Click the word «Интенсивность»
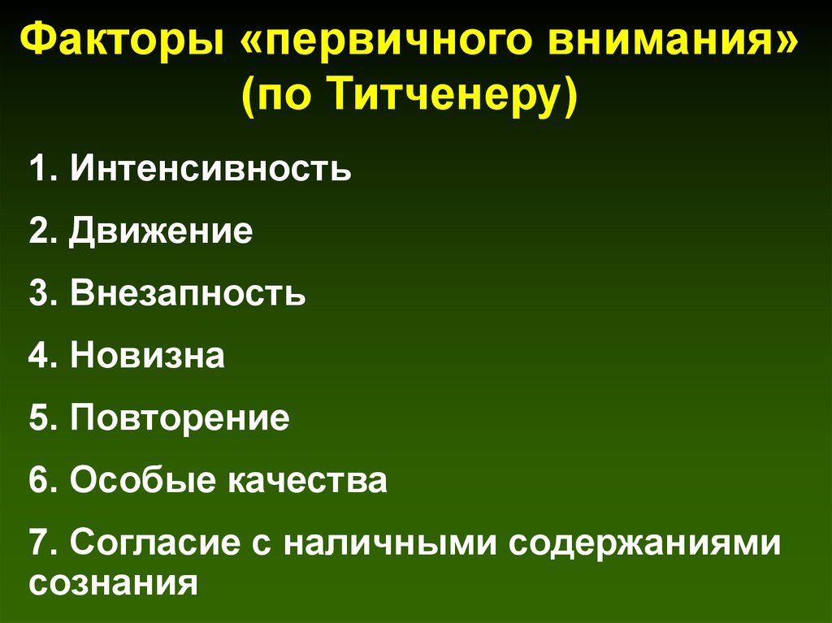[x=210, y=170]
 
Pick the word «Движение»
[x=161, y=231]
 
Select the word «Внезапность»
[x=188, y=293]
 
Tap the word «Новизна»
[x=147, y=356]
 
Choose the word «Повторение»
[x=180, y=418]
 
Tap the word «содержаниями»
[x=646, y=543]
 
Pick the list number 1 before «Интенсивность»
[x=39, y=170]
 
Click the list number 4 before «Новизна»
[x=39, y=356]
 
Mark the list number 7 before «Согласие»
[x=39, y=543]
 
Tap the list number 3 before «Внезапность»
[x=39, y=293]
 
